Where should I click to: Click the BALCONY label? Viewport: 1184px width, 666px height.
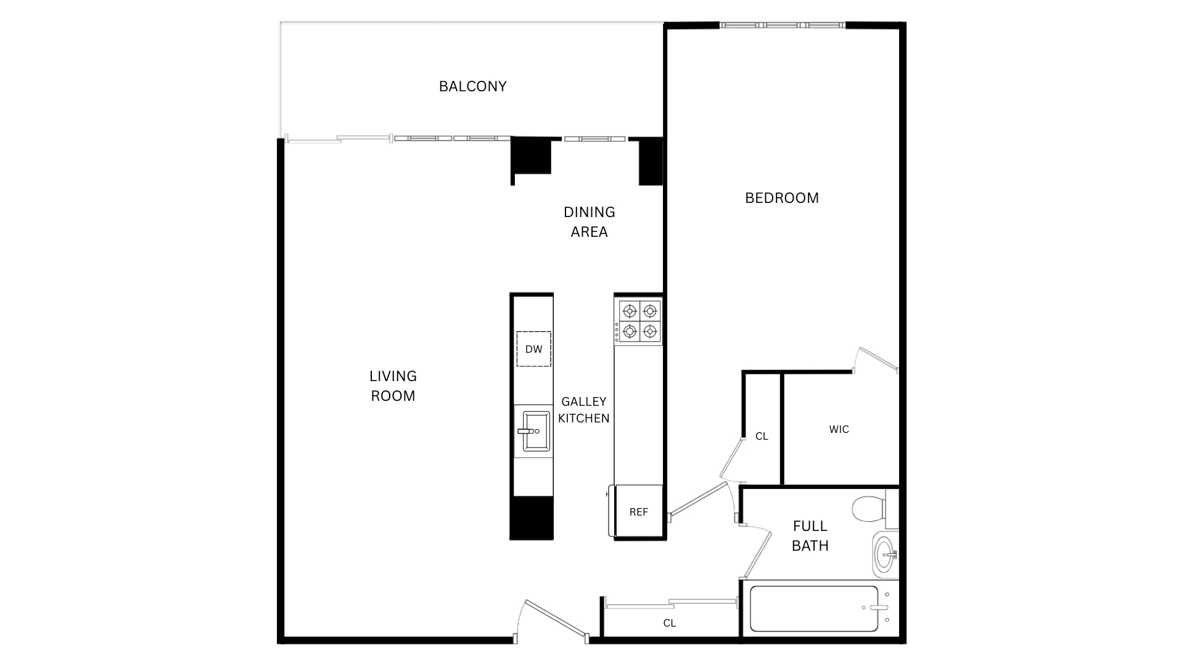pyautogui.click(x=472, y=86)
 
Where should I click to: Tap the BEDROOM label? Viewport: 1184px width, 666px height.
pyautogui.click(x=781, y=198)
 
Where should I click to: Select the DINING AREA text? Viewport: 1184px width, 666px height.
pyautogui.click(x=589, y=222)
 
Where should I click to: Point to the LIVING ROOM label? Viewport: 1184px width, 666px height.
pyautogui.click(x=393, y=386)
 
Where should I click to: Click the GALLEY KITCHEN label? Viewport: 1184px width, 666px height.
pyautogui.click(x=583, y=410)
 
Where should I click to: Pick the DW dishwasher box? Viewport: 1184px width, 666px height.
pyautogui.click(x=533, y=349)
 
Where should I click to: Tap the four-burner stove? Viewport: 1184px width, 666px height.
pyautogui.click(x=639, y=321)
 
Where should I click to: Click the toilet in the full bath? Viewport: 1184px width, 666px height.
pyautogui.click(x=869, y=509)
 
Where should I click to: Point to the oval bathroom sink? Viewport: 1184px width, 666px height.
pyautogui.click(x=884, y=554)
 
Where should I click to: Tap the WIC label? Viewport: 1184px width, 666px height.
pyautogui.click(x=839, y=429)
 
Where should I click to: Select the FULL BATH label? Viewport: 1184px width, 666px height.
pyautogui.click(x=810, y=536)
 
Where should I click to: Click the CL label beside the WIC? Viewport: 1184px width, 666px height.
pyautogui.click(x=762, y=436)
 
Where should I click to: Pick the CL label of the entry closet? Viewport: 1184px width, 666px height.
pyautogui.click(x=669, y=623)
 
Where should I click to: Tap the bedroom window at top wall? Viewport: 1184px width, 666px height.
pyautogui.click(x=782, y=25)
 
